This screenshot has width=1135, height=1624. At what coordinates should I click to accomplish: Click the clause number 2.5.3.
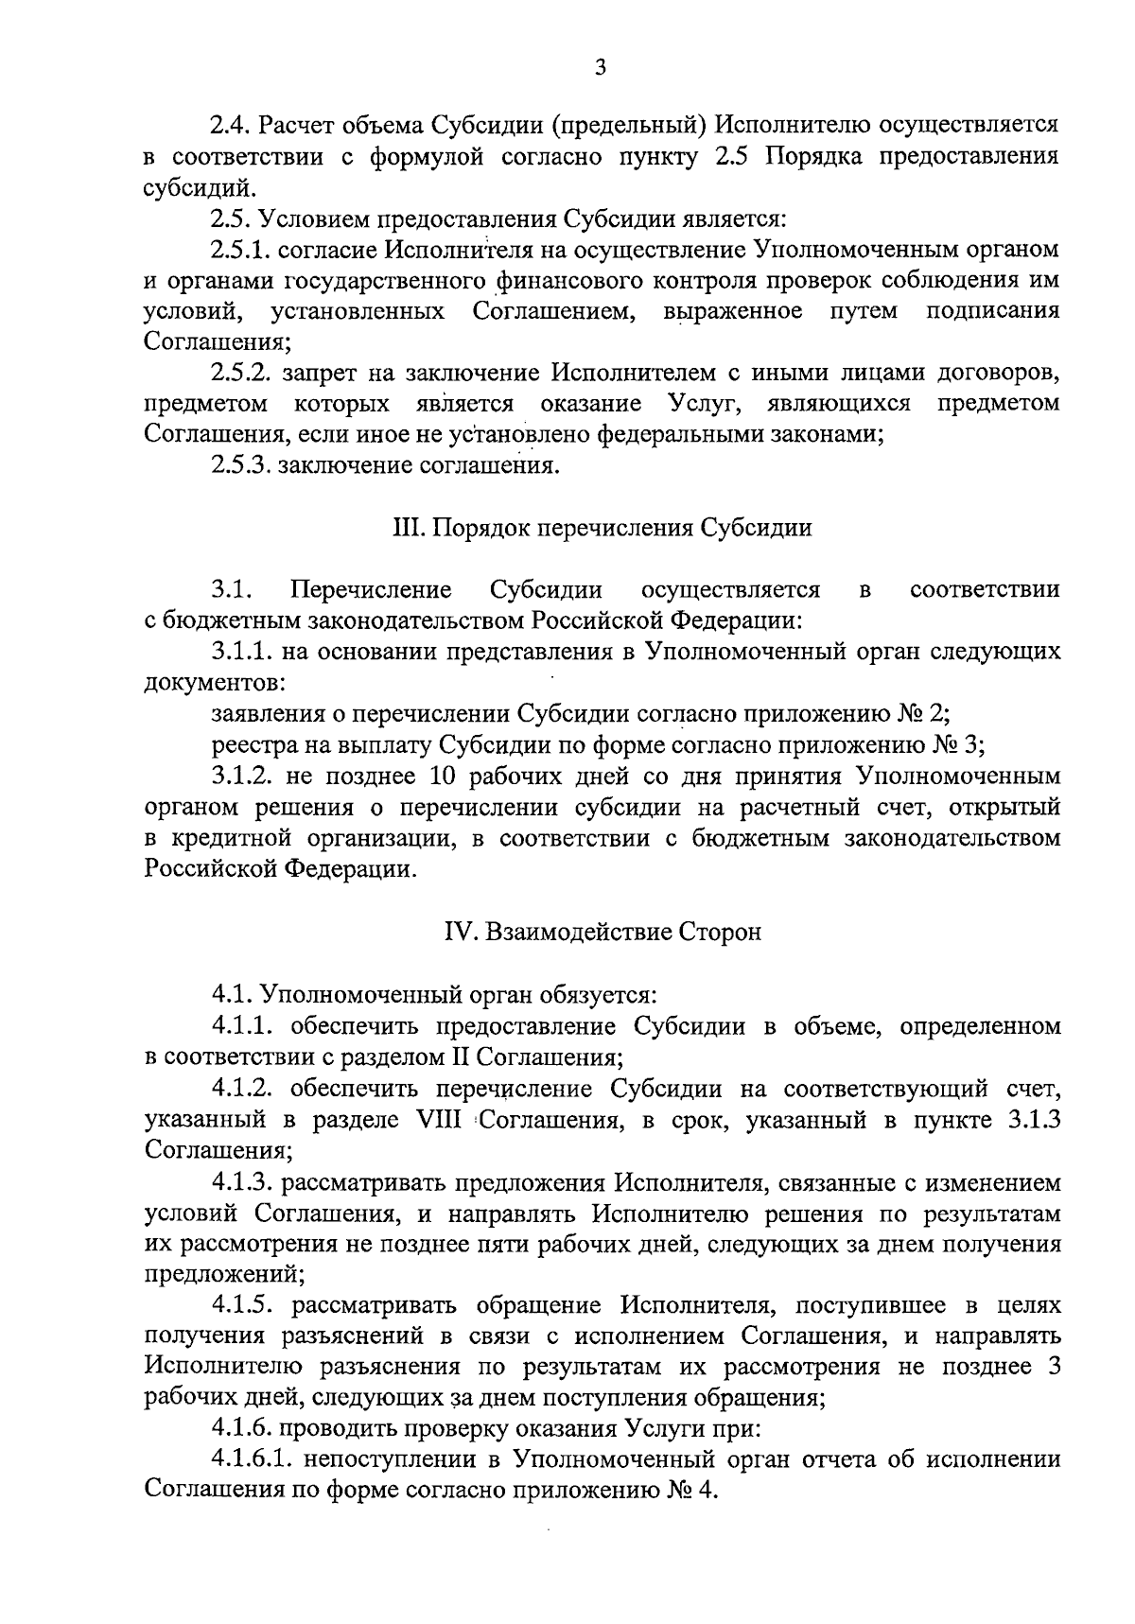point(240,466)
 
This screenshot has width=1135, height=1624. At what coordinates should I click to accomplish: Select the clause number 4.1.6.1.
point(252,1459)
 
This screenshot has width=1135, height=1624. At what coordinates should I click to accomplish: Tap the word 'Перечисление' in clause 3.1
point(372,590)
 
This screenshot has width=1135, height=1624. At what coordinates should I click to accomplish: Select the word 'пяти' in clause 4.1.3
point(508,1245)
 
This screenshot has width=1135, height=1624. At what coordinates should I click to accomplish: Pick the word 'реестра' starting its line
point(247,744)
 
